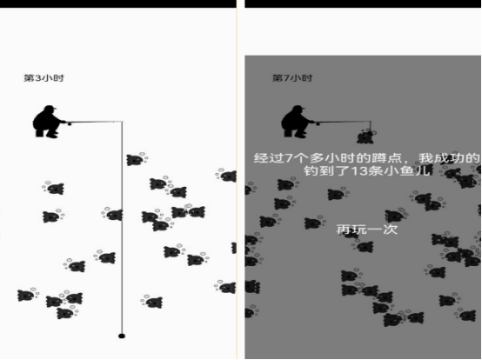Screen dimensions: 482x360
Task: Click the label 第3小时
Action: (x=44, y=78)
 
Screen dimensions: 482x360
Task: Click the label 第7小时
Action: (x=292, y=78)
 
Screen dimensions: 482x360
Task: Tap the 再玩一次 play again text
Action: (x=367, y=230)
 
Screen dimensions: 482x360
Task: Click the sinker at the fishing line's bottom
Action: (x=122, y=336)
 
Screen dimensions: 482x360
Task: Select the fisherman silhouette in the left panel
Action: (x=49, y=122)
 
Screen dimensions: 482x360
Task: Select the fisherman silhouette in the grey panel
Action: (x=297, y=122)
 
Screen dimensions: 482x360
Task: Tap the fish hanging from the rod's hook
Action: (x=365, y=137)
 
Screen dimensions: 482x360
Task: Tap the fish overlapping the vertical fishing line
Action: (x=113, y=214)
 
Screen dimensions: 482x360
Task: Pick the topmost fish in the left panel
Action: (x=137, y=159)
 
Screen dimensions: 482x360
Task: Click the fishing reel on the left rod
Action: (x=69, y=124)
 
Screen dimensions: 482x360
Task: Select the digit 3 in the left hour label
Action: (x=38, y=78)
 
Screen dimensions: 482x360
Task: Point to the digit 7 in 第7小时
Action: (x=286, y=78)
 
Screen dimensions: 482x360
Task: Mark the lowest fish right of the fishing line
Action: (x=152, y=302)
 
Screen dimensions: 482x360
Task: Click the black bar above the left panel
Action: (x=118, y=3)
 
